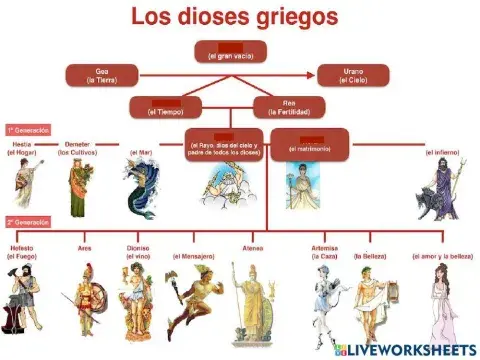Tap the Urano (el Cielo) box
(353, 74)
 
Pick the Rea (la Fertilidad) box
(289, 106)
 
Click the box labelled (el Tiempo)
(166, 106)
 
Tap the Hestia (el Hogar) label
(21, 149)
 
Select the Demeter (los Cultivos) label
(78, 149)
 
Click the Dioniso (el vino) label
(137, 251)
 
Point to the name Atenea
(253, 247)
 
